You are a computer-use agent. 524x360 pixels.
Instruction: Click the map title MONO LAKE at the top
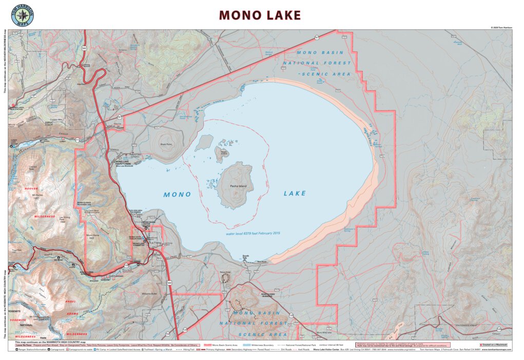260,15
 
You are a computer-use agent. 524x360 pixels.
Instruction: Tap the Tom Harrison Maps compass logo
22,15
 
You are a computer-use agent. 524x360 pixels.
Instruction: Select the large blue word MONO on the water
177,195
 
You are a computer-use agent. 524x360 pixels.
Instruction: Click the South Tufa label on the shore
245,257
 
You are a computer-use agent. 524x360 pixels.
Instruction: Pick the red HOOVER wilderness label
32,189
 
